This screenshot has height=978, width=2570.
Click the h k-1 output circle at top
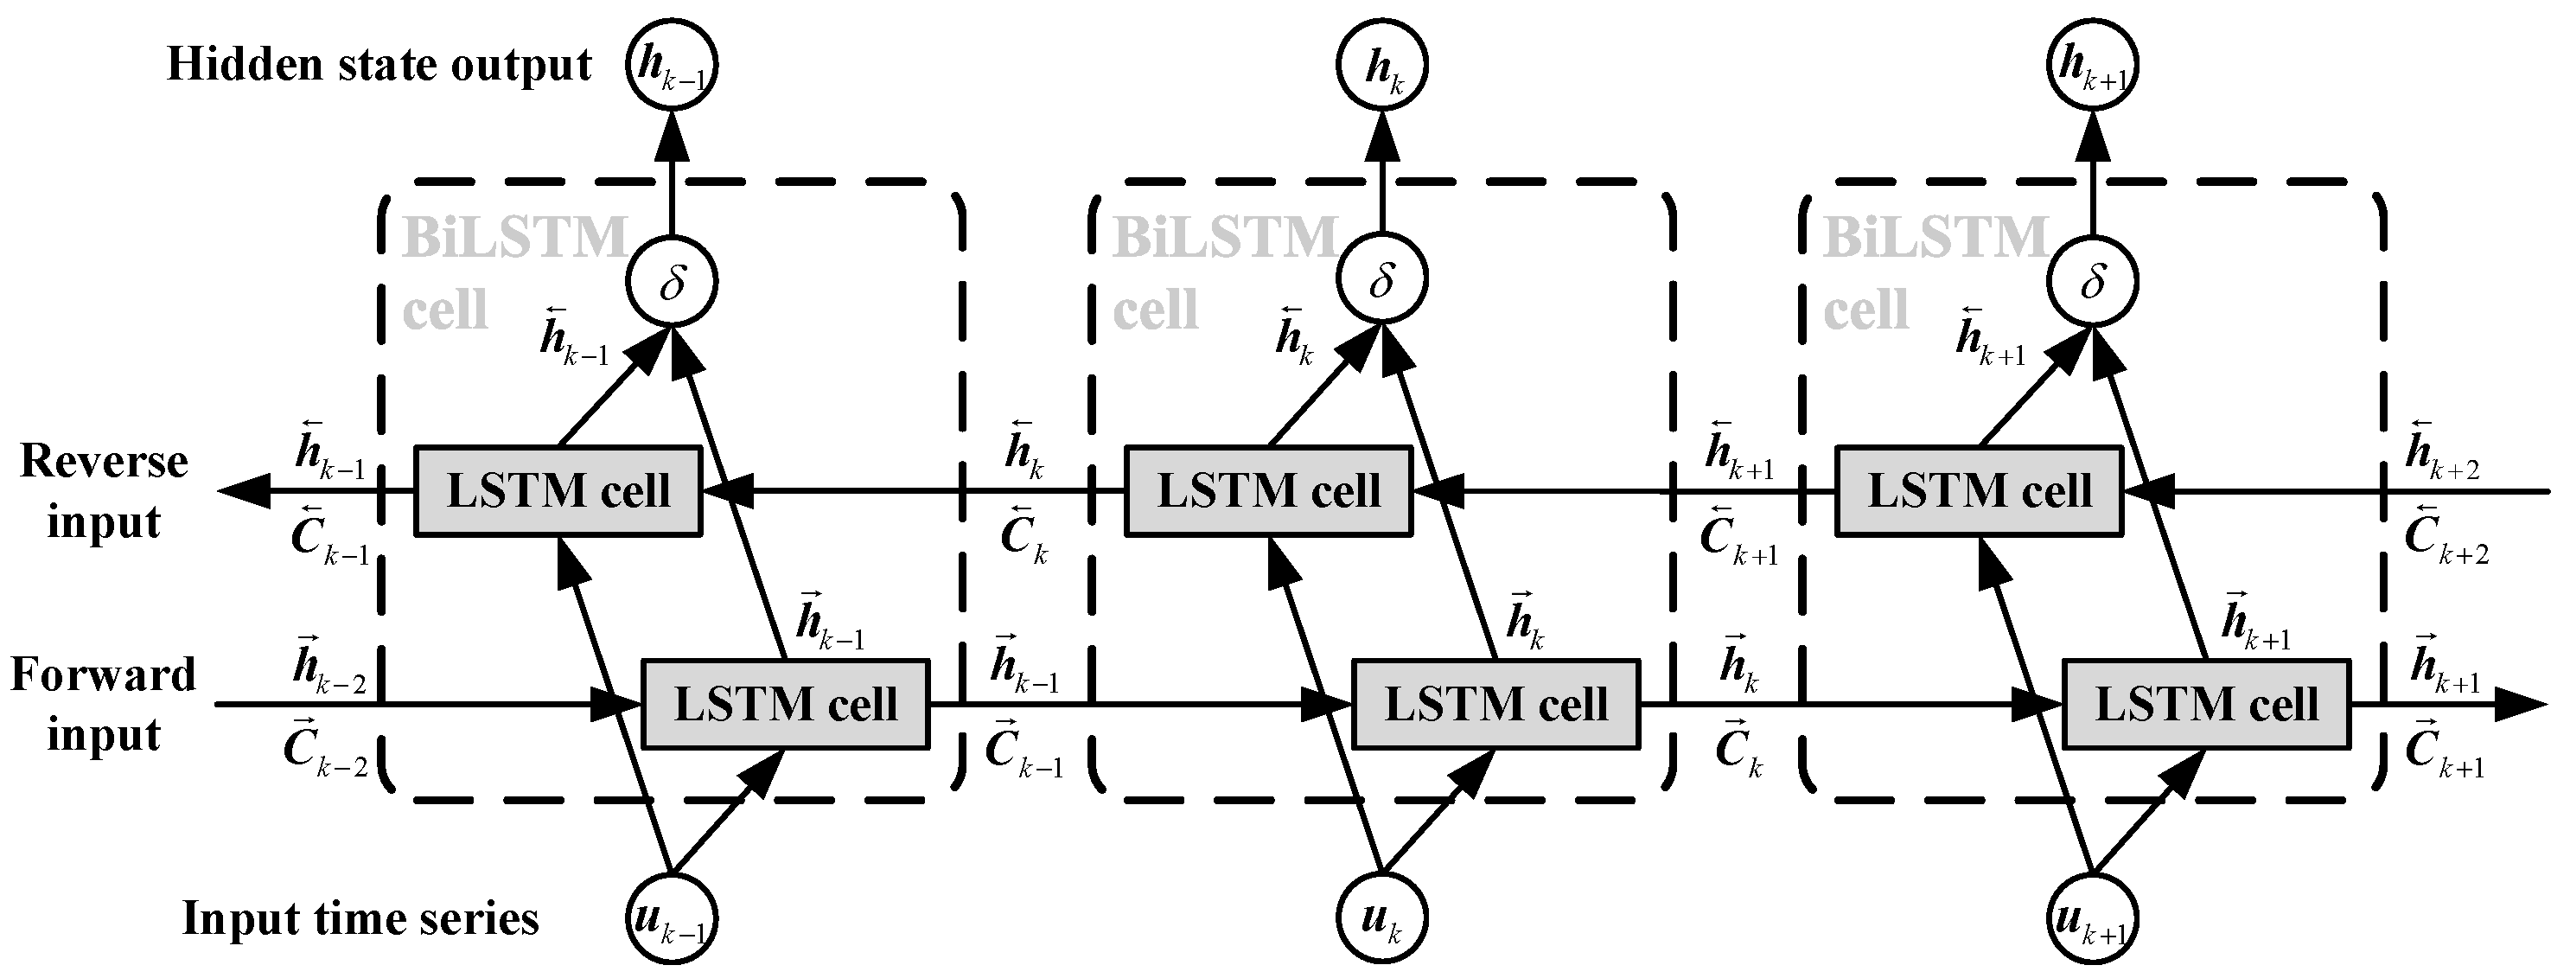click(673, 66)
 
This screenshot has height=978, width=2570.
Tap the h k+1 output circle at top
click(2092, 66)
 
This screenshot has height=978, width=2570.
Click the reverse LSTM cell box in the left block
click(558, 491)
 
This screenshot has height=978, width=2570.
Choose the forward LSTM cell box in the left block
click(785, 705)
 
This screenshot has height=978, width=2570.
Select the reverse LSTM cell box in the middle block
click(1268, 491)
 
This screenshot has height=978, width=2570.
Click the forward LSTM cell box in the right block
click(2206, 705)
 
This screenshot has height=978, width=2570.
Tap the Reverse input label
click(104, 491)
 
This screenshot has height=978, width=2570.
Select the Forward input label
click(104, 705)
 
